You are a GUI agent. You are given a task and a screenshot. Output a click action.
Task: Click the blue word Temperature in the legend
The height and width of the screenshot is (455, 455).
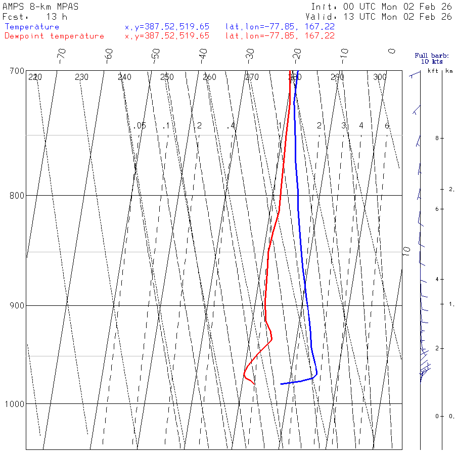32,27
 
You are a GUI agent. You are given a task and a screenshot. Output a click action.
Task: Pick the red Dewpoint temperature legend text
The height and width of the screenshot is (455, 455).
54,36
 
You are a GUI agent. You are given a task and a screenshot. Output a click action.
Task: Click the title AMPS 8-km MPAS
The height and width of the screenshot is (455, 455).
40,7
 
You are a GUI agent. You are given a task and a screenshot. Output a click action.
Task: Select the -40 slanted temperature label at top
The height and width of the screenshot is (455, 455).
203,54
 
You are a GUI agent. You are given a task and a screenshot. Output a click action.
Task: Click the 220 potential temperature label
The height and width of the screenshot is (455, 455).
35,77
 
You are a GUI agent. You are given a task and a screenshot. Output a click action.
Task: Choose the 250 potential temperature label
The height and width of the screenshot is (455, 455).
167,77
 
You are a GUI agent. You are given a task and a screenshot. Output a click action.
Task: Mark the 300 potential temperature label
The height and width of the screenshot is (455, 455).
380,77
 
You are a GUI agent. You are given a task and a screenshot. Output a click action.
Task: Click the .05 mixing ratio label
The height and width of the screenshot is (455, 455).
141,125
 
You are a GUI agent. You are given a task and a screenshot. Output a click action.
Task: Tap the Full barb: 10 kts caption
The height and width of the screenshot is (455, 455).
428,59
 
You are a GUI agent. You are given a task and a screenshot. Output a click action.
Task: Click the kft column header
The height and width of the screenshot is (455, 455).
433,71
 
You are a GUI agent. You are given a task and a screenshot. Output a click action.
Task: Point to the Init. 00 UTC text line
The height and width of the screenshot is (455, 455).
381,7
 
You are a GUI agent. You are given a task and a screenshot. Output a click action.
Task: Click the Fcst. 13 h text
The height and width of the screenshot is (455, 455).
35,17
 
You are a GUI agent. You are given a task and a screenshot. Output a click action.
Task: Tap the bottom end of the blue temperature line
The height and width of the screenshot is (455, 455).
281,384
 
